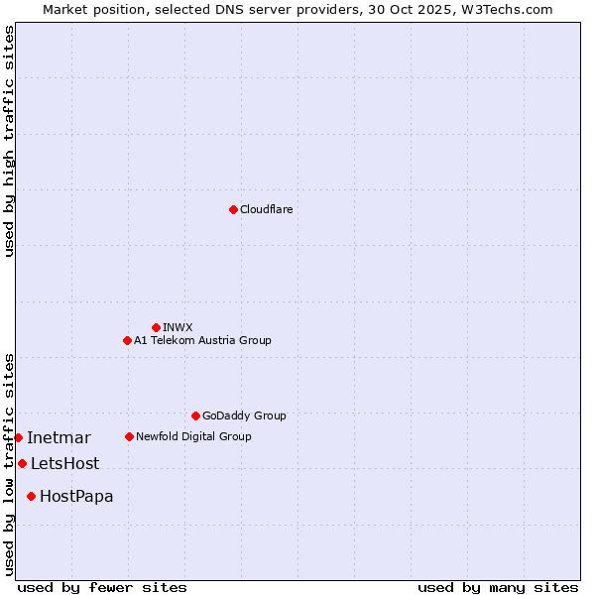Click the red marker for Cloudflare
(233, 209)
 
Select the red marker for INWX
(156, 327)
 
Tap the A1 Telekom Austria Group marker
(127, 340)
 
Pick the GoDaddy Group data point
(195, 416)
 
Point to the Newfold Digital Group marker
(129, 436)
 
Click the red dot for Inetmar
(18, 437)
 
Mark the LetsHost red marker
(22, 463)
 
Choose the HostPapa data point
(32, 496)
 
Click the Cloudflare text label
(267, 209)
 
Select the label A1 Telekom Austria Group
(202, 340)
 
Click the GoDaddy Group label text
(244, 416)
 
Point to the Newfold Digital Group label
(193, 436)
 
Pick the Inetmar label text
(59, 437)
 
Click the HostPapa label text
(76, 496)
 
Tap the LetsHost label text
(64, 463)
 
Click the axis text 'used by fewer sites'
(102, 587)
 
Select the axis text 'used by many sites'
(498, 587)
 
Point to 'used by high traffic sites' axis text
(9, 141)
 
